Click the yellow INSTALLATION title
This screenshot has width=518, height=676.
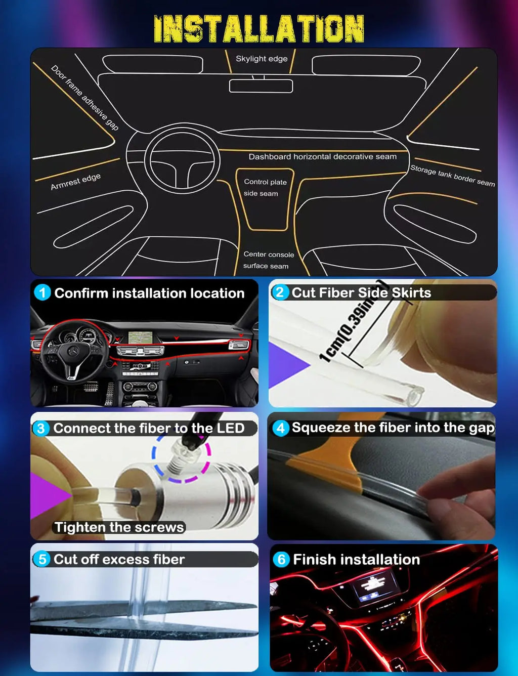coord(259,29)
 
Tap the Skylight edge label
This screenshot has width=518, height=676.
coord(262,59)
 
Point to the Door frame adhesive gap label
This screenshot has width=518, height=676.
coord(84,98)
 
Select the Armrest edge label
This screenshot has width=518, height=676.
coord(75,181)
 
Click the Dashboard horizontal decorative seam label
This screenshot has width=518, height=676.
coord(322,156)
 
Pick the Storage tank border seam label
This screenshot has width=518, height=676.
coord(452,176)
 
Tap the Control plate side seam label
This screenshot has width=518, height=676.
coord(265,188)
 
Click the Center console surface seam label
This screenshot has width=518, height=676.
coord(268,260)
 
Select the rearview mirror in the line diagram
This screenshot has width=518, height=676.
coord(261,86)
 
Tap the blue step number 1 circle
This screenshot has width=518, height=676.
coord(42,293)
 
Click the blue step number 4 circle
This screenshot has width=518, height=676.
coord(281,428)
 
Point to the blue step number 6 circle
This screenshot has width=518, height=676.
coord(281,559)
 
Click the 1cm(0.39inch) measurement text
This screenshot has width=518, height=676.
coord(354,322)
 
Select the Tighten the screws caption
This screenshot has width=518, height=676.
coord(119,527)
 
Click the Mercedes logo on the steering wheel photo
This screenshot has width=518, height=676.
coord(74,351)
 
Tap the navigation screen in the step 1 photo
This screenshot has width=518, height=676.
coord(140,336)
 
